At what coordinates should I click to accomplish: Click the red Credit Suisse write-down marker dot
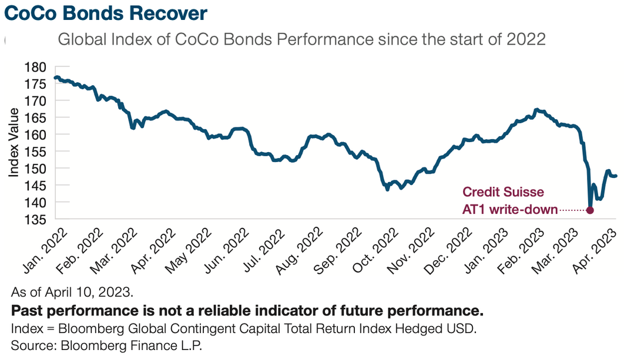(590, 210)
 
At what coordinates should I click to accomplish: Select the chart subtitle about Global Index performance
(301, 39)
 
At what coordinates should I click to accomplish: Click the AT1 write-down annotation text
(510, 210)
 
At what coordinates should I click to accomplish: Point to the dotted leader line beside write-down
(573, 210)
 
